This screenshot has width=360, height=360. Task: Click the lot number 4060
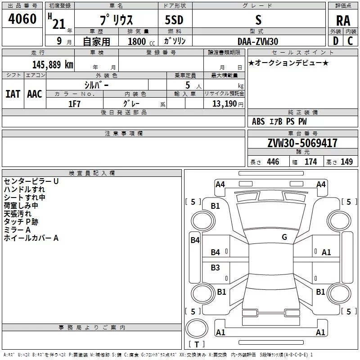[22, 19]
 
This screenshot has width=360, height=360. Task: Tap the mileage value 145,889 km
[53, 64]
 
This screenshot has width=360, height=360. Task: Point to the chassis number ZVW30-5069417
[302, 144]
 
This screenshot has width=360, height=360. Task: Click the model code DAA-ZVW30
[258, 41]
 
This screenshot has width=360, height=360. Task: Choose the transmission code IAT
[13, 94]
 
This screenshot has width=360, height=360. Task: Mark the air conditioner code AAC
[34, 94]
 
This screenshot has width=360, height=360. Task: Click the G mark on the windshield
[284, 237]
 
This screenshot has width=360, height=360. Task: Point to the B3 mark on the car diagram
[216, 268]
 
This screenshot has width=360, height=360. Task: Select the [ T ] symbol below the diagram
[197, 345]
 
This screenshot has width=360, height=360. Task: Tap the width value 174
[310, 162]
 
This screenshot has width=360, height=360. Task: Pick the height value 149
[346, 162]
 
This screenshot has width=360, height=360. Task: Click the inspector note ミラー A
[17, 229]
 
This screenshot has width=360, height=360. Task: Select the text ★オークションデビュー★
[288, 63]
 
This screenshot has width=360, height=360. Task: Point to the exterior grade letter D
[335, 41]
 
